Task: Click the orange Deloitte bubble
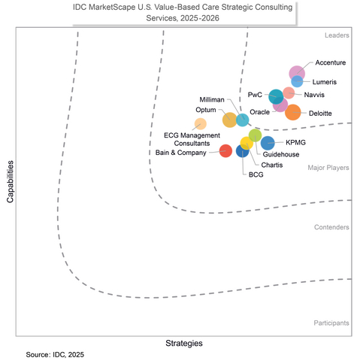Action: click(292, 113)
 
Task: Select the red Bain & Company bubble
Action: click(225, 150)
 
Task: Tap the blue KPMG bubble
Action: click(268, 142)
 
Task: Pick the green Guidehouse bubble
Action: click(255, 135)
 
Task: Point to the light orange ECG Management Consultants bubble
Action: click(201, 124)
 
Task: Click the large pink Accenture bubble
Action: click(298, 72)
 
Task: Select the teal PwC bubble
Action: click(276, 96)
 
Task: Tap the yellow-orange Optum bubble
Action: click(230, 120)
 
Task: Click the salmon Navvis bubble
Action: click(289, 93)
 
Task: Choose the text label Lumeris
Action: click(324, 81)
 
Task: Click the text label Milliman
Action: click(212, 99)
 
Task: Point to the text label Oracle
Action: click(260, 111)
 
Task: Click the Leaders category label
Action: click(336, 35)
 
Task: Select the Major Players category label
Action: click(328, 168)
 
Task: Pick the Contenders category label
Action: click(331, 226)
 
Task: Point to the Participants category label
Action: click(331, 323)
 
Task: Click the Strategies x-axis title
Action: click(184, 343)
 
